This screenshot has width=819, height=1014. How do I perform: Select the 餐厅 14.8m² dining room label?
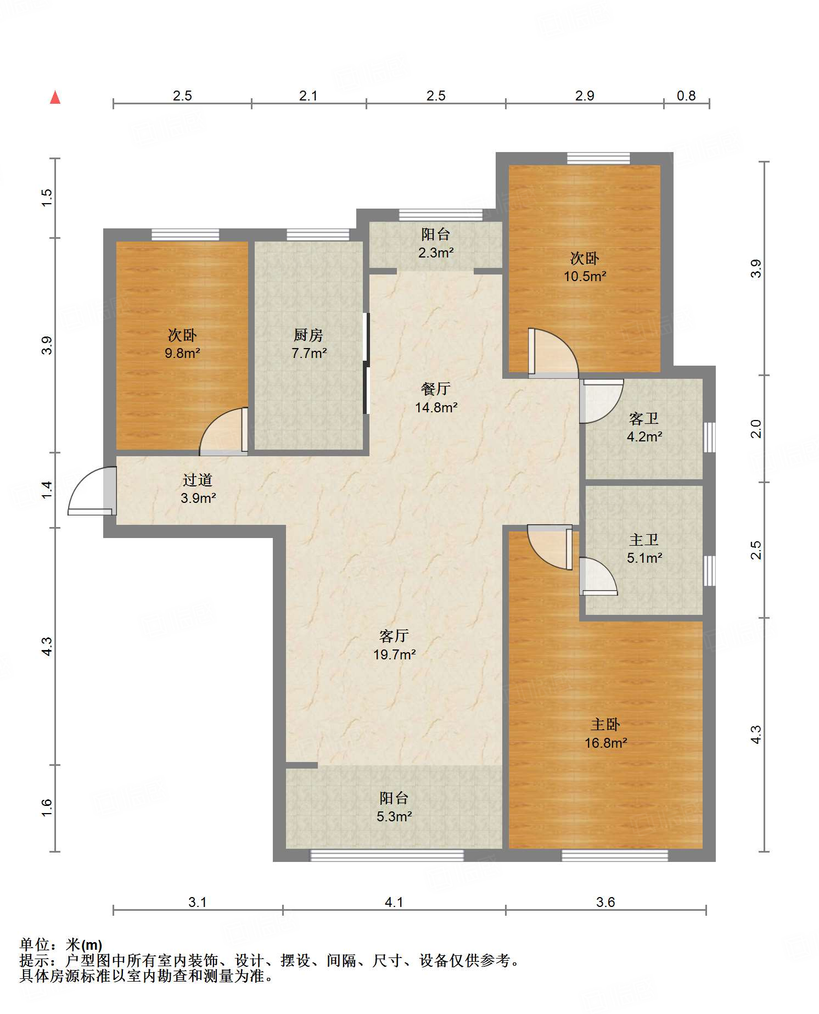tap(436, 397)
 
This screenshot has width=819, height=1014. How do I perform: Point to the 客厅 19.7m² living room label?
tap(394, 645)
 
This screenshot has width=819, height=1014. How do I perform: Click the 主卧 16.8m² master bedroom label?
tap(605, 733)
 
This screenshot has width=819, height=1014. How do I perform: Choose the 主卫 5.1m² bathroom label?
tap(644, 548)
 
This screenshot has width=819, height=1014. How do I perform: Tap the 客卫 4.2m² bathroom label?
tap(644, 427)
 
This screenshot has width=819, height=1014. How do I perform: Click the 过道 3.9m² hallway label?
tap(198, 489)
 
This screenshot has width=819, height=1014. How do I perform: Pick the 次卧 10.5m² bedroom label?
tap(585, 267)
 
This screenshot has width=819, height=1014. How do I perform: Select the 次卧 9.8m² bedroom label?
tap(182, 344)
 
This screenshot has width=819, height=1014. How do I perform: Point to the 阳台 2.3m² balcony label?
tap(436, 243)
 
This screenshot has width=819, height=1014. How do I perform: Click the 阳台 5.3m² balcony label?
tap(394, 806)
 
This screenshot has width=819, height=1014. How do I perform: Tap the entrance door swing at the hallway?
tap(92, 491)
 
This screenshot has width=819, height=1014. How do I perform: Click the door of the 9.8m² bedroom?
tap(224, 432)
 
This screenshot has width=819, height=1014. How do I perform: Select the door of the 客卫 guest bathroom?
tap(602, 401)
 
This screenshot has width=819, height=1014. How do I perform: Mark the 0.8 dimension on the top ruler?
tap(686, 96)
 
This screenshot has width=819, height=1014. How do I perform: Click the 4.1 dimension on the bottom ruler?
tap(394, 902)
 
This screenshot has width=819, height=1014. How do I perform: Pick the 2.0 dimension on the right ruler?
tap(756, 428)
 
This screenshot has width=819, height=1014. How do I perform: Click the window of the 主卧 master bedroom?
tap(615, 855)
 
